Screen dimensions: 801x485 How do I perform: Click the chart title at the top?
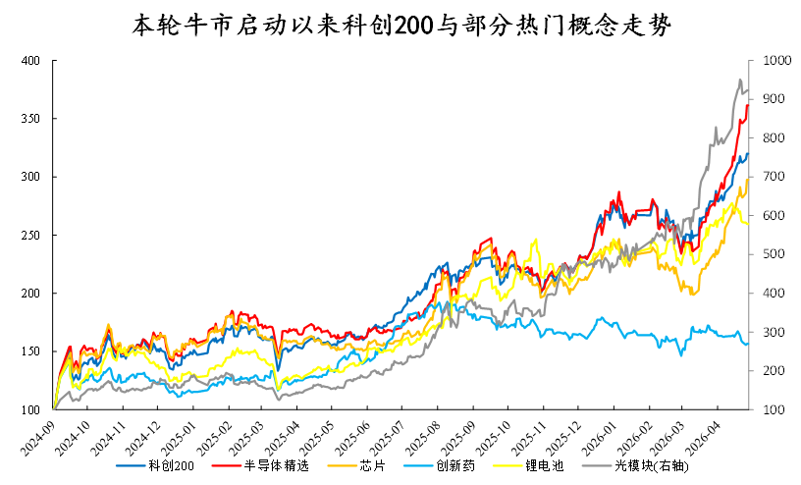(401, 26)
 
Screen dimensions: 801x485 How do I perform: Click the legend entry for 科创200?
(155, 465)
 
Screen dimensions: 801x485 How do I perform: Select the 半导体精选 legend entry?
(260, 465)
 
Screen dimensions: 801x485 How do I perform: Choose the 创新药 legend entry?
(440, 465)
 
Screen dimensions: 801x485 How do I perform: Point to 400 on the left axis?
(30, 61)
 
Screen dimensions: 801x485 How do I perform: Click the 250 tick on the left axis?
(30, 235)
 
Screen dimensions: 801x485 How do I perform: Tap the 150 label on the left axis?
(30, 351)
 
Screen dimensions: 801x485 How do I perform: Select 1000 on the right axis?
(776, 60)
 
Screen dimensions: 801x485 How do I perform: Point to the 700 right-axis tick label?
(774, 177)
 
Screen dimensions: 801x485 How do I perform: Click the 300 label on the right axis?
(774, 332)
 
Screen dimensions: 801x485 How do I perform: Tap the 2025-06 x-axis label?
(352, 436)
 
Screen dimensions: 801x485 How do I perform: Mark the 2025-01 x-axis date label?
(178, 436)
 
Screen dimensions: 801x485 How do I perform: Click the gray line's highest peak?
(740, 80)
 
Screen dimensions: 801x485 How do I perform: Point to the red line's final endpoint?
(748, 105)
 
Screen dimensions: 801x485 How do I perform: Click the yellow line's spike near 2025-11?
(535, 240)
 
